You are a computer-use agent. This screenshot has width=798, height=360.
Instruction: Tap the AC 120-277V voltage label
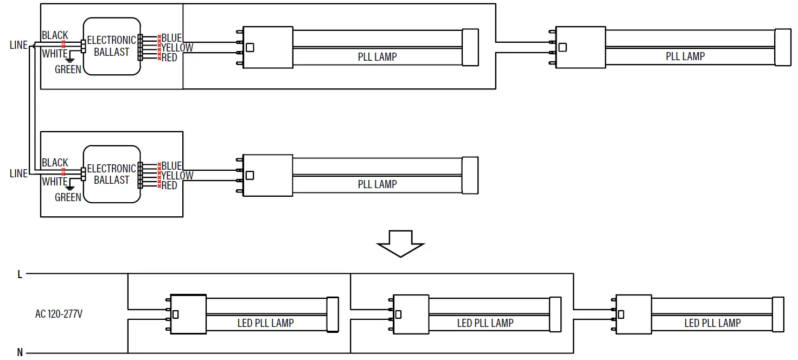coord(59,314)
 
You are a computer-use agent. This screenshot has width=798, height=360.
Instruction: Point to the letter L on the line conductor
coord(20,275)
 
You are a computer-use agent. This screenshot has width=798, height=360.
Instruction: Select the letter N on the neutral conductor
coord(20,353)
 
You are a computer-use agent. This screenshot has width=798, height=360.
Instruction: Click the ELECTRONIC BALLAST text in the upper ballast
coord(111,46)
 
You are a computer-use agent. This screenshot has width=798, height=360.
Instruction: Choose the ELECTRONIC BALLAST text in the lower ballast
coord(111,174)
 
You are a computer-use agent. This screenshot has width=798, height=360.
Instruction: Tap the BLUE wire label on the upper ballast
coord(171,38)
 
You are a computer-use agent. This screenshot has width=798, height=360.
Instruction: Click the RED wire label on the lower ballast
coord(169,185)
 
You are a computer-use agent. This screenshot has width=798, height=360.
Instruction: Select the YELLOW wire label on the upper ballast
coord(177,48)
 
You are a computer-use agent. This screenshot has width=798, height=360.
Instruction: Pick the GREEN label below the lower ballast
coord(68,197)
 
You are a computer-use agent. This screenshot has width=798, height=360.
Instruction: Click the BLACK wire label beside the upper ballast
coord(55,35)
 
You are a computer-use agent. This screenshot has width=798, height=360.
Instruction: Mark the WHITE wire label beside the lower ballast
coord(54,182)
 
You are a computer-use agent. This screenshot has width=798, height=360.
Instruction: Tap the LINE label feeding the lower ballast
coord(18,173)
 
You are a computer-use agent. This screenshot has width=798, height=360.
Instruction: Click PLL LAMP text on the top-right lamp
coord(685,56)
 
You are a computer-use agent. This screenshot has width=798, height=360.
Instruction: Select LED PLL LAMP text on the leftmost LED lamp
coord(265,323)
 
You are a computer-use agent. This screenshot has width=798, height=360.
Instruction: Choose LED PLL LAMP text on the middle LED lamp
coord(485,323)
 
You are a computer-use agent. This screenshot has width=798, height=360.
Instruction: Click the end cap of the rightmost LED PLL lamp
coord(778,314)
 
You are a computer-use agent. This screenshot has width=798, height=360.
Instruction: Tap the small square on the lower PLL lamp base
coord(250,175)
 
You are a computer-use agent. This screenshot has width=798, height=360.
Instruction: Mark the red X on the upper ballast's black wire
coord(64,42)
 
